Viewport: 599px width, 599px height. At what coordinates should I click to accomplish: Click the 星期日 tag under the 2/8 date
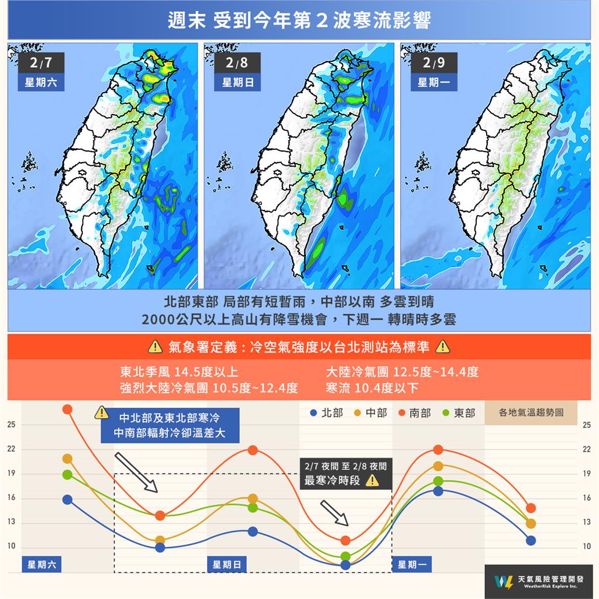click(237, 82)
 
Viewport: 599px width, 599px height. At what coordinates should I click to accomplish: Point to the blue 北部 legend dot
click(314, 413)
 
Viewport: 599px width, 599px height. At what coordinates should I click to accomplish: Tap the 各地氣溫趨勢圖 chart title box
click(531, 412)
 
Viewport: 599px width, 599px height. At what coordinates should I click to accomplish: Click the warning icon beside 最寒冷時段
click(371, 481)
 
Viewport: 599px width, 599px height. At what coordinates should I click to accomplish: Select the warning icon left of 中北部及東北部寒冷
click(102, 413)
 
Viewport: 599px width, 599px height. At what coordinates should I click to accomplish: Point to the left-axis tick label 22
click(11, 449)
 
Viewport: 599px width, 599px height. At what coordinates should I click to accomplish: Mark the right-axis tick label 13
click(586, 522)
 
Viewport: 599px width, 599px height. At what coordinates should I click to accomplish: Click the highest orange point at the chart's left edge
click(67, 409)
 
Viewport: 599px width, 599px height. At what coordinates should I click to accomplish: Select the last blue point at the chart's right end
click(531, 541)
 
